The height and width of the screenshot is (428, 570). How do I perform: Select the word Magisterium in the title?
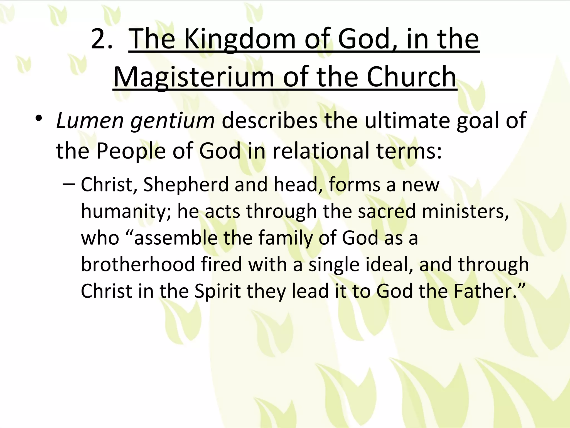pyautogui.click(x=194, y=77)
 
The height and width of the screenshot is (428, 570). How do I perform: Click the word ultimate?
pyautogui.click(x=407, y=121)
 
